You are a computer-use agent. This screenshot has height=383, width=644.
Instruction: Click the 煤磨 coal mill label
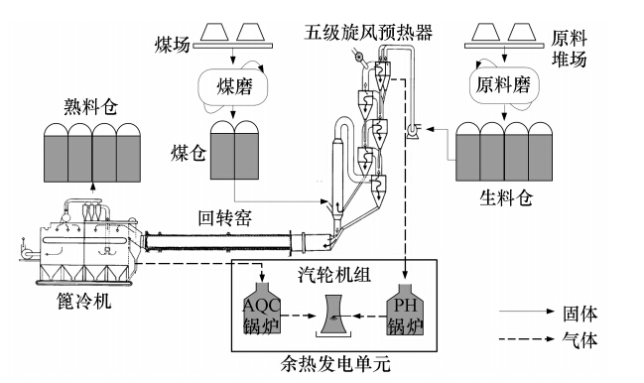click(234, 86)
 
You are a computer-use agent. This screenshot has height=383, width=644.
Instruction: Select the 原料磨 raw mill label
click(503, 85)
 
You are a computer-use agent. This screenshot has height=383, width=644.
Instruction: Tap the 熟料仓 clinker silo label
click(91, 107)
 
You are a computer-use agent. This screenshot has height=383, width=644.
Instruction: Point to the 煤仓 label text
click(189, 153)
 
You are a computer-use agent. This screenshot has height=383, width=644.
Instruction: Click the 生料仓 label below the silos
click(507, 197)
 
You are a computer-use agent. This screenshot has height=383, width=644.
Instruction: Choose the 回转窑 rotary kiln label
click(225, 218)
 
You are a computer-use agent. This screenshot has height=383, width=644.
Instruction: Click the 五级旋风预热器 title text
click(368, 33)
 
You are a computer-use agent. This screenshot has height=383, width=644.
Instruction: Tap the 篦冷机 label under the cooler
click(84, 301)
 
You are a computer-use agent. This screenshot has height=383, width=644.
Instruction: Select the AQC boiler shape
click(262, 308)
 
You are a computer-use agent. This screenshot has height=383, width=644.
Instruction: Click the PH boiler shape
click(406, 309)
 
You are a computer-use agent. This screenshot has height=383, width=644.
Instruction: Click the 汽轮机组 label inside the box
click(334, 275)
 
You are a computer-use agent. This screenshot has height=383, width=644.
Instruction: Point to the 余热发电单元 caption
click(335, 364)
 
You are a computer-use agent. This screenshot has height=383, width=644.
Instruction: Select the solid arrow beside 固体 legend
click(527, 312)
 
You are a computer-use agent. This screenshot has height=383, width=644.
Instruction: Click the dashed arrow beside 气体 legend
click(527, 338)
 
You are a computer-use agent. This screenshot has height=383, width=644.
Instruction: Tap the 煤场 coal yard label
click(172, 45)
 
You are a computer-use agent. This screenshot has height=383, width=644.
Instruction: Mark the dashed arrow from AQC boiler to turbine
click(299, 316)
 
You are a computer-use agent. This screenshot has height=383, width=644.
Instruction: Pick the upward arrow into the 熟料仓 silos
click(93, 188)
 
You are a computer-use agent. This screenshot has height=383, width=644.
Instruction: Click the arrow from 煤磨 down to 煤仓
click(234, 113)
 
